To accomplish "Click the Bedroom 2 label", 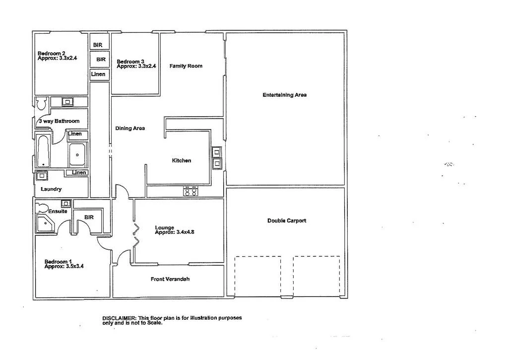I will click(x=52, y=54).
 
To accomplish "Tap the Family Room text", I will click(x=186, y=66).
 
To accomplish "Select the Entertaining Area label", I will click(x=284, y=95).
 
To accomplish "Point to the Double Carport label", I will click(x=286, y=221).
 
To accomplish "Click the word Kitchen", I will click(x=181, y=160).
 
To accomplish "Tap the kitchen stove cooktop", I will click(x=190, y=191).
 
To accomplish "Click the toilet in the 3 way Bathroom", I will click(x=41, y=103).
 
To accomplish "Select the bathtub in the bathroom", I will click(x=44, y=151).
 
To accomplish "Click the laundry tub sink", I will click(x=42, y=175).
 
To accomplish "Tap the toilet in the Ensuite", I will click(x=43, y=208).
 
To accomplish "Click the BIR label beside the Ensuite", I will click(x=89, y=217).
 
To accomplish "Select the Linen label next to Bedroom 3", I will click(x=98, y=74).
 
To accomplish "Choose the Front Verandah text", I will click(x=170, y=279).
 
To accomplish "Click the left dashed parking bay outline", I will click(x=258, y=276).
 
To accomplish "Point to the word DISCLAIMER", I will click(x=119, y=318).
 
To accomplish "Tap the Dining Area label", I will click(x=130, y=128).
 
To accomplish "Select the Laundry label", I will click(x=51, y=189).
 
